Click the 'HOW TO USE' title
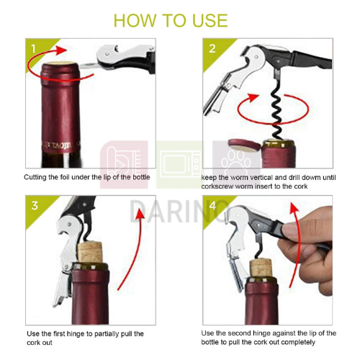pos(171,20)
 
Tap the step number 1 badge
pos(33,49)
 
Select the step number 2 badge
pos(212,49)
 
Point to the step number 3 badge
pos(35,206)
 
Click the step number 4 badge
pos(212,205)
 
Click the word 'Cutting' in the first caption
pos(35,177)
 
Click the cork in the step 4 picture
pos(261,267)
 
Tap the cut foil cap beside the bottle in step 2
pos(244,145)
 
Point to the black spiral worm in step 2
pos(278,113)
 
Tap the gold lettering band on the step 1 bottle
pos(59,145)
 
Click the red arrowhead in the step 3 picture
pos(140,214)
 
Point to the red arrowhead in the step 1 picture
pos(60,50)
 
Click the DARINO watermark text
pos(179,212)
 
